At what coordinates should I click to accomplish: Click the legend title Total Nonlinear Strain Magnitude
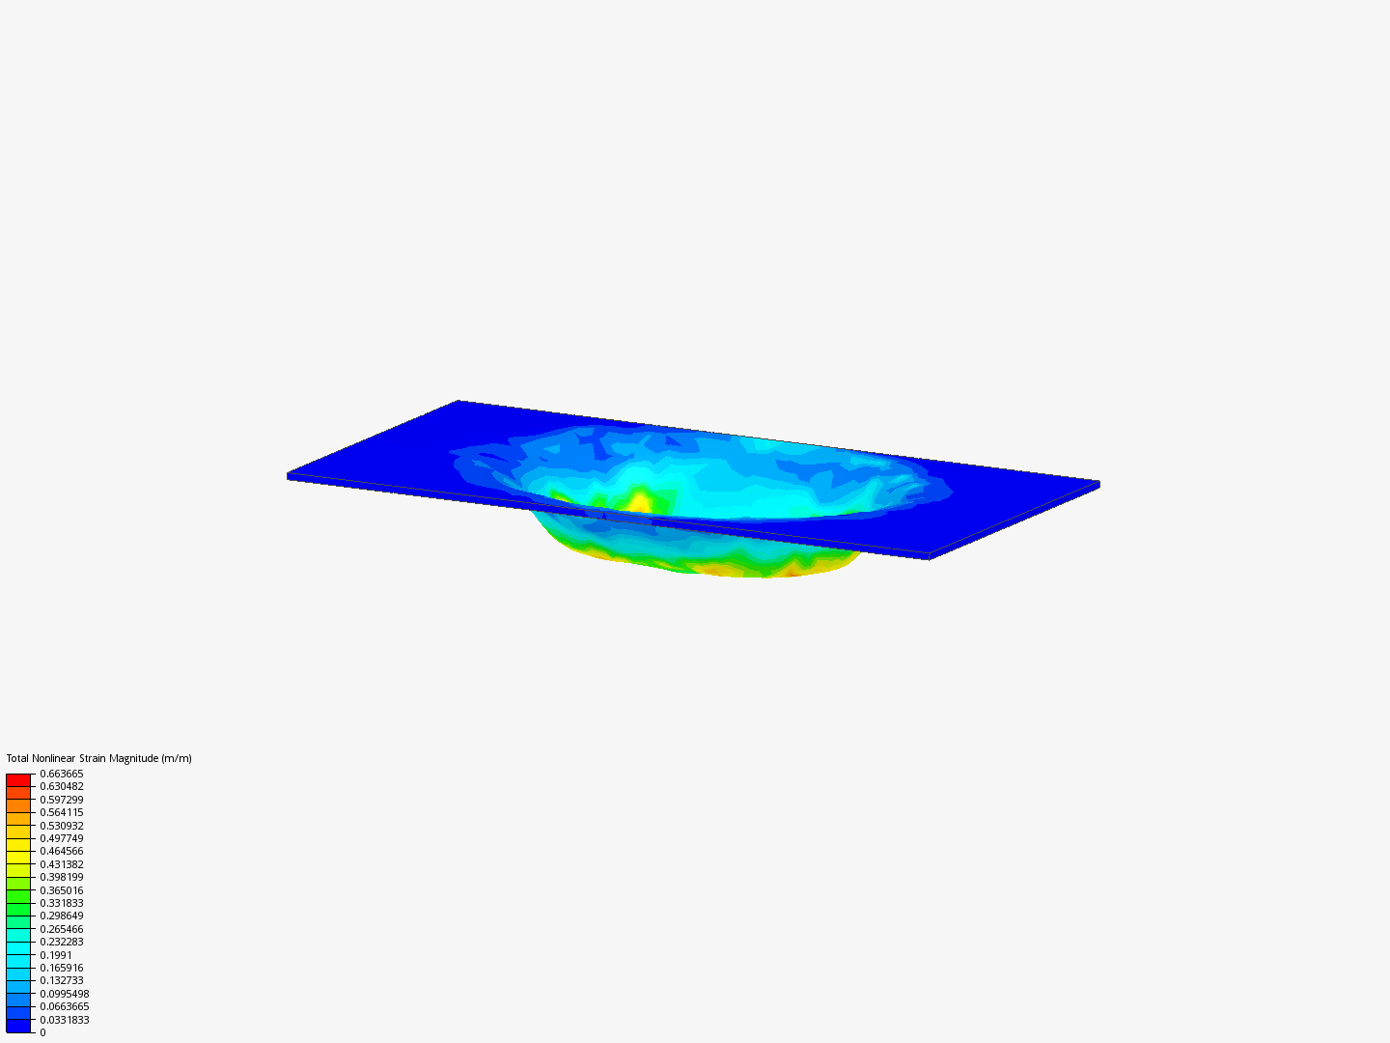click(x=98, y=758)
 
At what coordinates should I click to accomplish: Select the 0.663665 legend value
click(x=62, y=774)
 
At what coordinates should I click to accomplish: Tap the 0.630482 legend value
click(x=62, y=786)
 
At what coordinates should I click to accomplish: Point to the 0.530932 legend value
click(x=62, y=826)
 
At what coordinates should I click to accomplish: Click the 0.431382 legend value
click(x=62, y=864)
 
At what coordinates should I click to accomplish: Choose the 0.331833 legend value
click(x=62, y=903)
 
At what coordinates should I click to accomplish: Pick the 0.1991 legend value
click(x=56, y=955)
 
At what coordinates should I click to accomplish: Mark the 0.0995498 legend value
click(x=65, y=994)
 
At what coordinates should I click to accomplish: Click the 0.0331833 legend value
click(x=65, y=1020)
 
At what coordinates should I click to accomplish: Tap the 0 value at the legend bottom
click(x=42, y=1032)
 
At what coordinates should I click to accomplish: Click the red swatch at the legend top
click(x=18, y=779)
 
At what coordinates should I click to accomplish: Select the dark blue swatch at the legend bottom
click(x=18, y=1026)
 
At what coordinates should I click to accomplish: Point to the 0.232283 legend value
click(x=62, y=942)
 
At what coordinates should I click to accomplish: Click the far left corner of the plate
click(x=289, y=475)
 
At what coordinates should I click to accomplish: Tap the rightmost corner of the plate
click(x=1098, y=483)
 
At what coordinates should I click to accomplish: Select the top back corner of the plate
click(x=459, y=401)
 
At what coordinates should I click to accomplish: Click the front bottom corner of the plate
click(x=928, y=556)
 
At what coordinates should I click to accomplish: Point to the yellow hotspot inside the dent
click(x=640, y=502)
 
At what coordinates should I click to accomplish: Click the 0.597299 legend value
click(x=62, y=800)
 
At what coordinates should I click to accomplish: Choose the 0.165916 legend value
click(x=62, y=968)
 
